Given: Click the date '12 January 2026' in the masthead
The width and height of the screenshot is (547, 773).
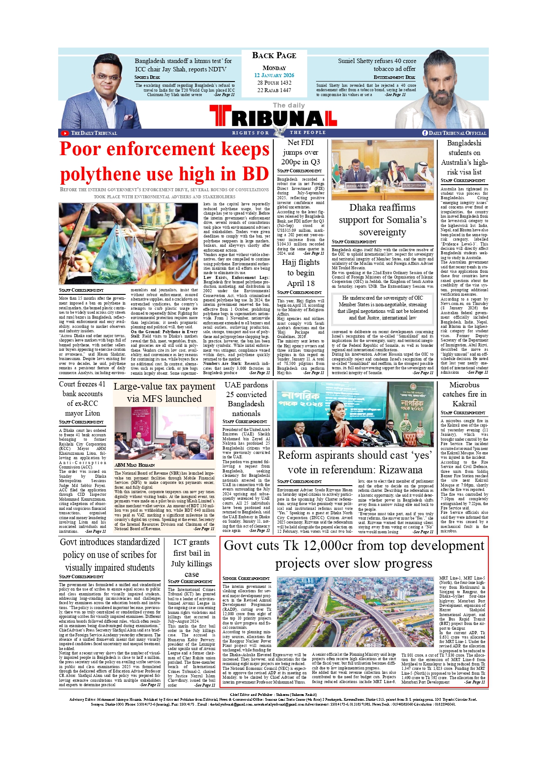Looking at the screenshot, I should [x=274, y=75].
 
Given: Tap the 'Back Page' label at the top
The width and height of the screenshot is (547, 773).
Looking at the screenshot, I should [x=274, y=56].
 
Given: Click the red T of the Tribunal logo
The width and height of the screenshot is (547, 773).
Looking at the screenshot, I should [x=220, y=116].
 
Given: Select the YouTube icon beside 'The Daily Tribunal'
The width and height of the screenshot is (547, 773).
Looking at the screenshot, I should [x=65, y=133].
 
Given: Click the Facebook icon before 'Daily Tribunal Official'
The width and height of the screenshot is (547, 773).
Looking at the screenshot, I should [x=425, y=133].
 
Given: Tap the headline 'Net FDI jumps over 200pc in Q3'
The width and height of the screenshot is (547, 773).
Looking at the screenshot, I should [x=301, y=152].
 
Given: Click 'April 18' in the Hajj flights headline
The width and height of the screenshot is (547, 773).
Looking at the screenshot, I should [x=301, y=283].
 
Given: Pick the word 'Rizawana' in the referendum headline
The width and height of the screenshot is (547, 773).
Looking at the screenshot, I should [x=398, y=470].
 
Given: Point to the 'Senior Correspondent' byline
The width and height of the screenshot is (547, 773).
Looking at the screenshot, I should [x=246, y=578].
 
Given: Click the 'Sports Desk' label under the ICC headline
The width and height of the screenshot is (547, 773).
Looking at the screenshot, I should [x=147, y=77].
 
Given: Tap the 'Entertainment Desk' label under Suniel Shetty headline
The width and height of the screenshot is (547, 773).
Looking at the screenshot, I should [x=394, y=77].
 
